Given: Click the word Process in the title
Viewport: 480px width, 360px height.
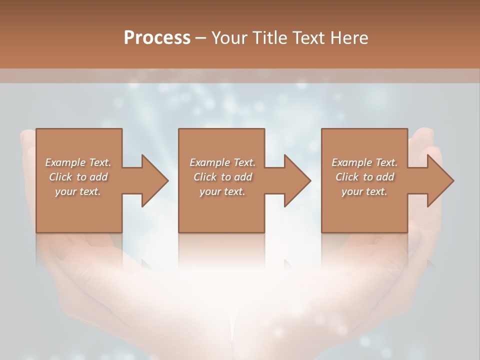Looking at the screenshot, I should [157, 38].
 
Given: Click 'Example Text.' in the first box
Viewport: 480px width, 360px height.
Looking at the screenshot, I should [78, 162].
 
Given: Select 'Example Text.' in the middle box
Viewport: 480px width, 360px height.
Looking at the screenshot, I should [222, 162].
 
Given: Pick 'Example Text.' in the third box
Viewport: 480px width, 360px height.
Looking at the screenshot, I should [364, 162].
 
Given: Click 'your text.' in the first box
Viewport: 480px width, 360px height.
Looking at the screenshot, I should [78, 191].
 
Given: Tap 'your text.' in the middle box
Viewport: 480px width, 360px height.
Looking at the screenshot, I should [222, 191].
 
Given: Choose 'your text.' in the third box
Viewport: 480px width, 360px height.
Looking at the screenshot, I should [364, 191].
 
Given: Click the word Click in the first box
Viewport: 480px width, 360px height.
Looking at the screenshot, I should [60, 177].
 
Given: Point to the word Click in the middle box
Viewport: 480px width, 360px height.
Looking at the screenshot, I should [205, 177].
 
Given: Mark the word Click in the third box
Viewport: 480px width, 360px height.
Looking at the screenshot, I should [347, 177].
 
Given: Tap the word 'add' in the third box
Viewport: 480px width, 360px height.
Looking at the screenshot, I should [384, 177].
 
